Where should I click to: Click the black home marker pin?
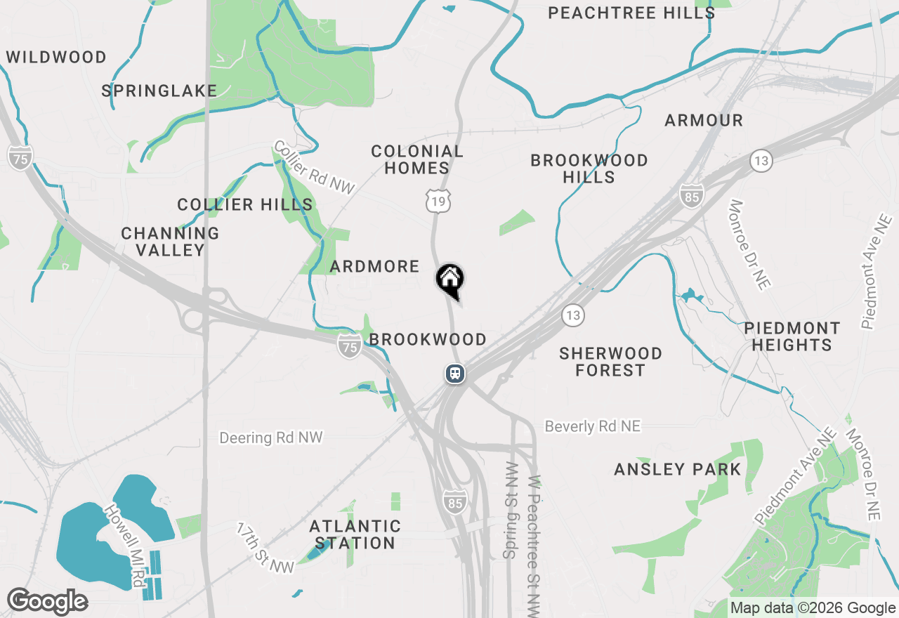pyautogui.click(x=450, y=280)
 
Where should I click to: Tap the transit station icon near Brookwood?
pyautogui.click(x=455, y=373)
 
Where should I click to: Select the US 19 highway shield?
pyautogui.click(x=438, y=201)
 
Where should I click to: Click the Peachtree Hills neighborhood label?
pyautogui.click(x=631, y=13)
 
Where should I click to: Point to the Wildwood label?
pyautogui.click(x=56, y=57)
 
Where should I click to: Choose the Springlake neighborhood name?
pyautogui.click(x=159, y=91)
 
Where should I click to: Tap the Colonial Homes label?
pyautogui.click(x=417, y=159)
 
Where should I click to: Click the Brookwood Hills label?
pyautogui.click(x=589, y=169)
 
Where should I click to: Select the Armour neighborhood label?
pyautogui.click(x=704, y=121)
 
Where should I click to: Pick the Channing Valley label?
pyautogui.click(x=170, y=241)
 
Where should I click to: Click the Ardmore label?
pyautogui.click(x=374, y=266)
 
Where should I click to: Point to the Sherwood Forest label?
pyautogui.click(x=610, y=361)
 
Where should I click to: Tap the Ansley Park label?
pyautogui.click(x=678, y=469)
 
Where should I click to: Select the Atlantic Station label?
pyautogui.click(x=355, y=534)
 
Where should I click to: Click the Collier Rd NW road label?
pyautogui.click(x=314, y=167)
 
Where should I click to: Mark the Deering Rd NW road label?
pyautogui.click(x=270, y=438)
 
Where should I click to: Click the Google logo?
pyautogui.click(x=47, y=602)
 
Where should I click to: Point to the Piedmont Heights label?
pyautogui.click(x=792, y=336)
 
